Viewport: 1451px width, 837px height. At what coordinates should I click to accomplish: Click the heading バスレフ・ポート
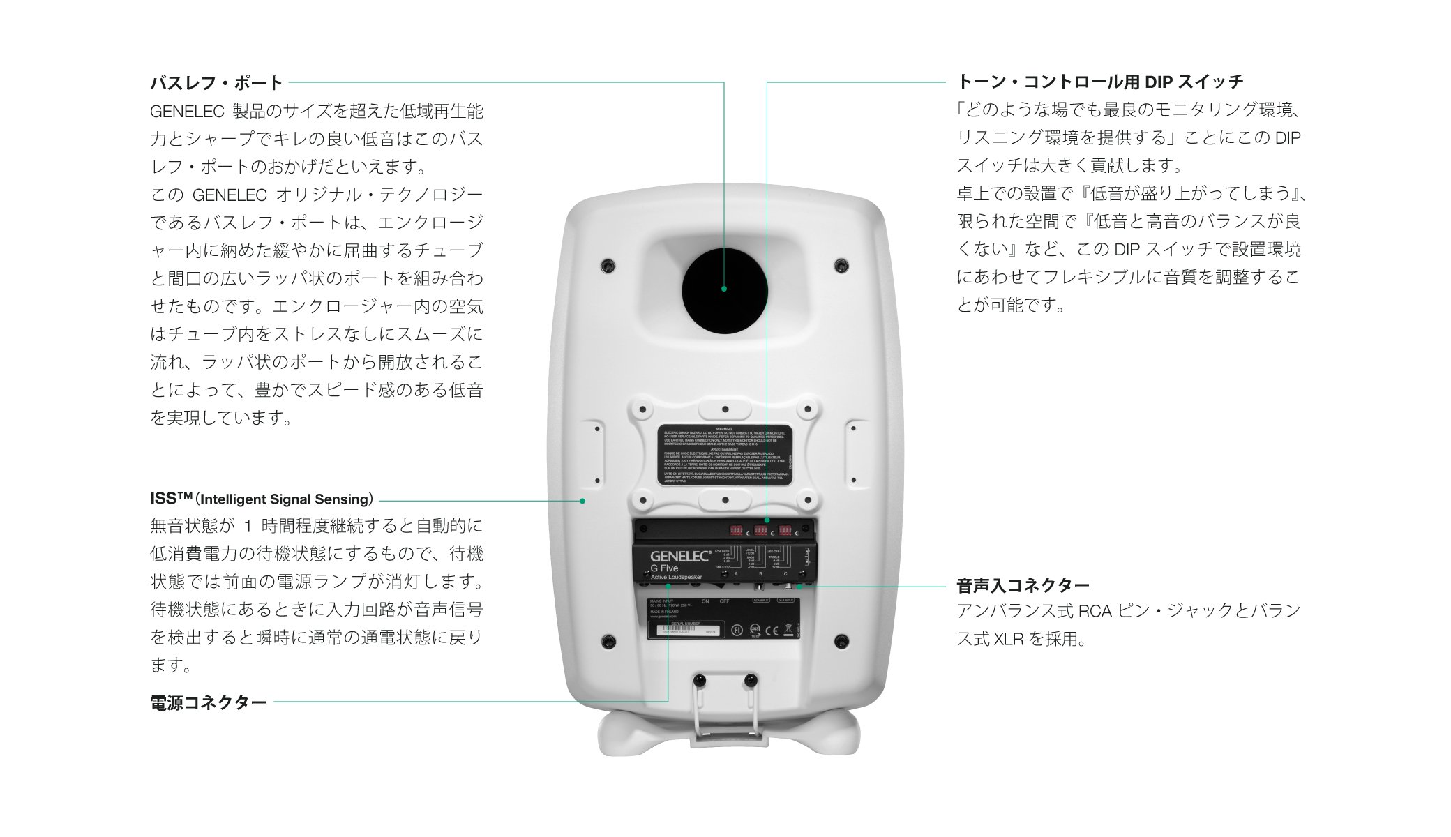tap(216, 83)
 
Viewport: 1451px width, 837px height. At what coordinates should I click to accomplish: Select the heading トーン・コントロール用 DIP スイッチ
tap(1099, 82)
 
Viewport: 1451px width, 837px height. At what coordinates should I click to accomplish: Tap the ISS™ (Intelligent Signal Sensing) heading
tap(262, 499)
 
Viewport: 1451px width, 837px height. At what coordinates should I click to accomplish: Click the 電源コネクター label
tap(209, 702)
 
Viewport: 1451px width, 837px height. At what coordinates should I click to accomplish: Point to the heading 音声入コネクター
tap(1023, 585)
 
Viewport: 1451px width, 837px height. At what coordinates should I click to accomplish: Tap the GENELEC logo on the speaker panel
tap(680, 556)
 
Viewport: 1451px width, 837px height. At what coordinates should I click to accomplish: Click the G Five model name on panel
tap(664, 568)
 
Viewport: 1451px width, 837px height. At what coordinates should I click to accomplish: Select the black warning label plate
tap(725, 454)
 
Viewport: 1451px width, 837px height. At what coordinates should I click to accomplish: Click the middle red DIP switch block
tap(760, 531)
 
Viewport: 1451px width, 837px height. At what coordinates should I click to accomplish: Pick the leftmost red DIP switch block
tap(736, 531)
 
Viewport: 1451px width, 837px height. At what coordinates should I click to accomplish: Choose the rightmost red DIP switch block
tap(785, 531)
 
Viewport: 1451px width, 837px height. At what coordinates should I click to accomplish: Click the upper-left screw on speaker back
tap(608, 266)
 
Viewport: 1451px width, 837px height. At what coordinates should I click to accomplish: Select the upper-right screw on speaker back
tap(841, 266)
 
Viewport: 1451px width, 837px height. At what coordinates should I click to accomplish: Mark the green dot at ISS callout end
tap(582, 501)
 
